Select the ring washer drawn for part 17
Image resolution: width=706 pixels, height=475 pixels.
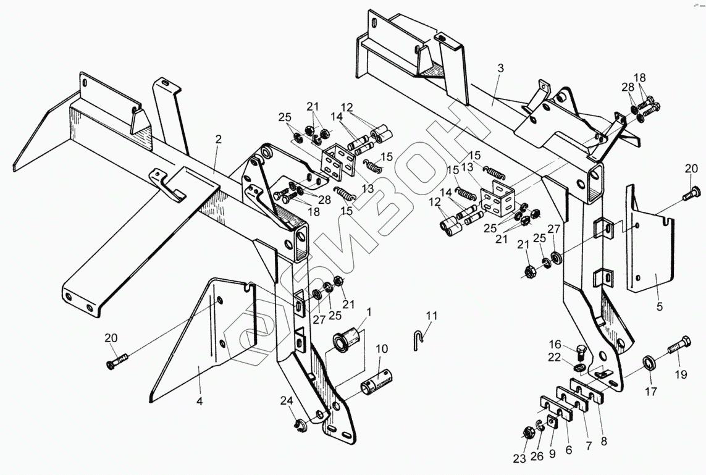[x=650, y=361]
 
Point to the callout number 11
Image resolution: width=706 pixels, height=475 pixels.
[x=431, y=316]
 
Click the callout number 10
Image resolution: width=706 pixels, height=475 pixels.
[x=382, y=349]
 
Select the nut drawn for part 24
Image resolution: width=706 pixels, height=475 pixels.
[x=302, y=424]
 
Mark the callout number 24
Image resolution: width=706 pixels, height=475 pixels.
[x=286, y=400]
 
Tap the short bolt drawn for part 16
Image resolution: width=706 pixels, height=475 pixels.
[x=581, y=354]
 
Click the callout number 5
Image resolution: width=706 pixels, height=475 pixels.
[x=660, y=306]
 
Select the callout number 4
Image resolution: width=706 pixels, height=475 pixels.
[x=199, y=401]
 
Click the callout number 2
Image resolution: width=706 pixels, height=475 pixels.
[x=217, y=140]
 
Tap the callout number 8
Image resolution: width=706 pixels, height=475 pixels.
[x=603, y=442]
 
